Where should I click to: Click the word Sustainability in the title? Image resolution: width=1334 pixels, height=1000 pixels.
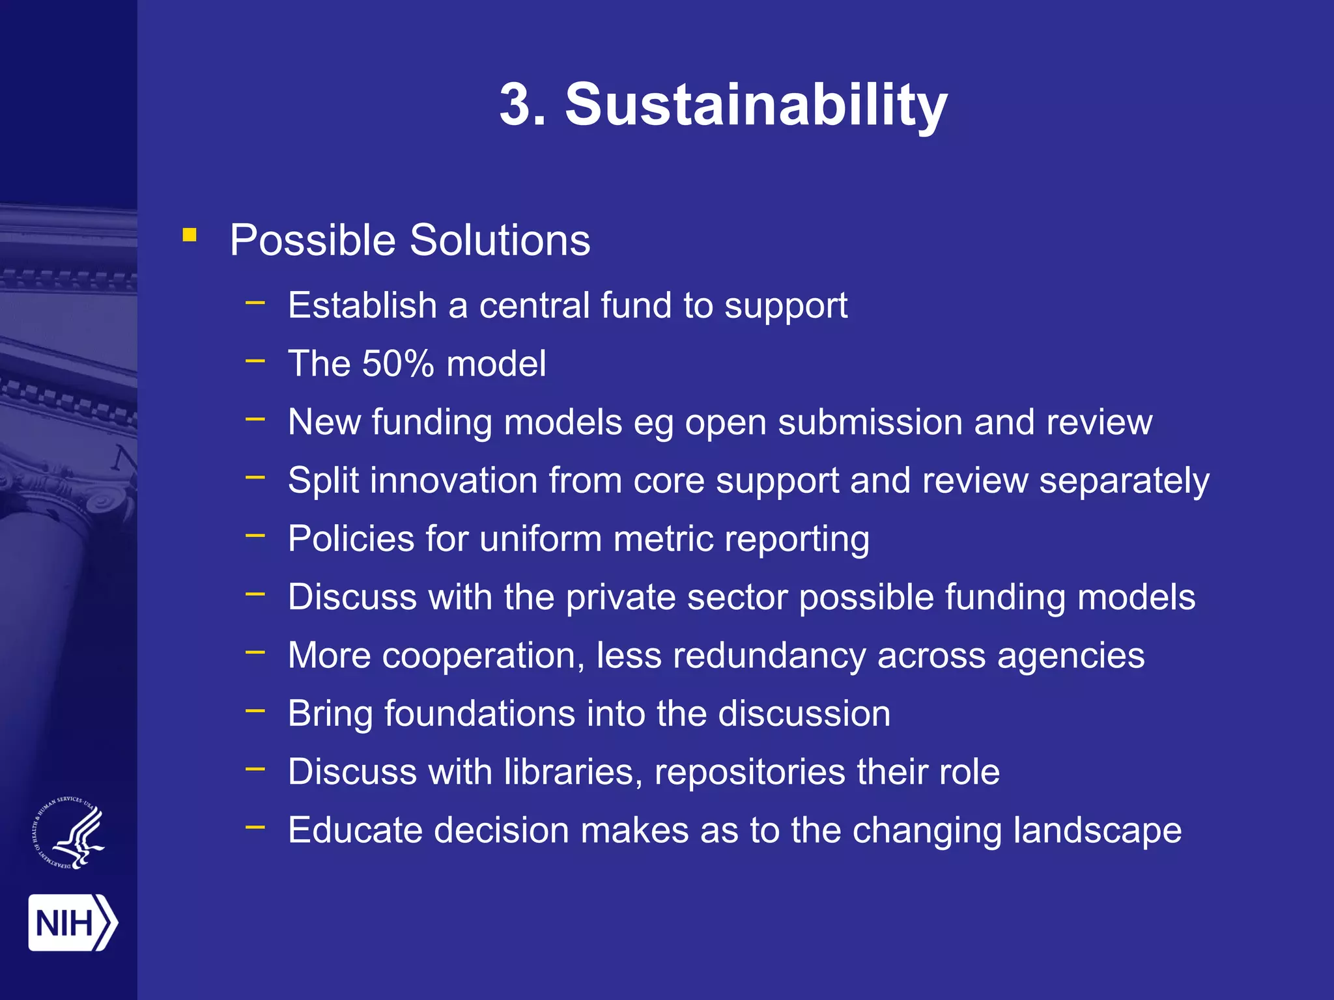click(756, 105)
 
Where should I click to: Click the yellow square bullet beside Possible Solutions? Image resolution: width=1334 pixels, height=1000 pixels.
click(190, 235)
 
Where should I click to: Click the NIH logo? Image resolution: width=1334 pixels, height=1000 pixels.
click(72, 923)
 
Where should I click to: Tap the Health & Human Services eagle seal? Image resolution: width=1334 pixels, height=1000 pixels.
click(69, 833)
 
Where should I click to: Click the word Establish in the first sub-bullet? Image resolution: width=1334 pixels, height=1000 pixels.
click(362, 305)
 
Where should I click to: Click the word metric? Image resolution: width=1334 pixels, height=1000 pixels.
click(662, 539)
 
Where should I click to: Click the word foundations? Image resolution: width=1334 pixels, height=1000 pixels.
click(479, 714)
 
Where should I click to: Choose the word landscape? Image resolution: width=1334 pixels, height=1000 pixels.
click(1097, 831)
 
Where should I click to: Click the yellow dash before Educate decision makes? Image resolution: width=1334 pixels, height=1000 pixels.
click(255, 827)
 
